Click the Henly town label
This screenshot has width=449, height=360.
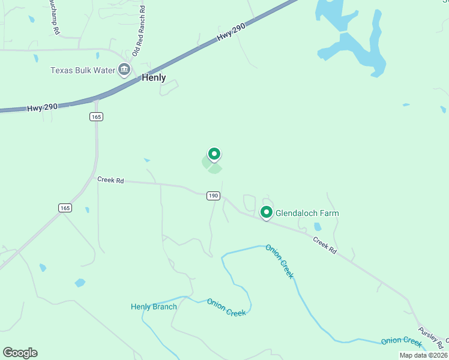(x=154, y=77)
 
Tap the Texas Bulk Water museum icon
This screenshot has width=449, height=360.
(x=124, y=70)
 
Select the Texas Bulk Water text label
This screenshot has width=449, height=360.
(x=82, y=70)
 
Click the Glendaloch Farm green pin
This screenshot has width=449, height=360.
(x=266, y=212)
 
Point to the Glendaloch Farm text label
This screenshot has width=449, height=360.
(x=307, y=213)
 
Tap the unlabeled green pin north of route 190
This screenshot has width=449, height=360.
(x=213, y=154)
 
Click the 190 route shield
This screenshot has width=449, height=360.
(x=213, y=196)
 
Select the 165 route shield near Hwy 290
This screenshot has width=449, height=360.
(x=97, y=116)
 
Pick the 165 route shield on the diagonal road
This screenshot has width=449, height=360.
(x=65, y=208)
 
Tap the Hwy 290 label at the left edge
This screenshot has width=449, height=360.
(x=42, y=107)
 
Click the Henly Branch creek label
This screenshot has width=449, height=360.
(x=154, y=307)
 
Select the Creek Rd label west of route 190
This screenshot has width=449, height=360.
(x=110, y=180)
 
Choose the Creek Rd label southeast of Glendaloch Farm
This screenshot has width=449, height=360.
(x=324, y=244)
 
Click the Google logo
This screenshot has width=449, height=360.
(x=20, y=353)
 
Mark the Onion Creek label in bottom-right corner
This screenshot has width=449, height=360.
(x=401, y=341)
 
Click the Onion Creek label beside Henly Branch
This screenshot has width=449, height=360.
(x=226, y=308)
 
